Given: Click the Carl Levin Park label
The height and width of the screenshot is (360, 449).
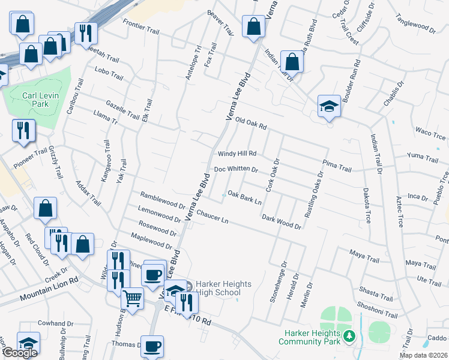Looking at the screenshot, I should [35, 100].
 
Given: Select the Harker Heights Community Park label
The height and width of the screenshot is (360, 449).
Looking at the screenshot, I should [309, 337].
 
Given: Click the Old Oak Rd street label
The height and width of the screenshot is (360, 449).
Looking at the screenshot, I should [250, 123].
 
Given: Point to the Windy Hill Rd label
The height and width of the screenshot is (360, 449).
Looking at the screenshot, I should [237, 154].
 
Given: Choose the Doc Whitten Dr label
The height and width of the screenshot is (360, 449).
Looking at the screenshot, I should [236, 170].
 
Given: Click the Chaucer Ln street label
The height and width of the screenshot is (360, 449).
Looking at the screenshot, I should [212, 217].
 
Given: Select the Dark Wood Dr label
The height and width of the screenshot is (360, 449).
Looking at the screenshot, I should [281, 221].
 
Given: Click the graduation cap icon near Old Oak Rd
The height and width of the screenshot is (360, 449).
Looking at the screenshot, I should [329, 107].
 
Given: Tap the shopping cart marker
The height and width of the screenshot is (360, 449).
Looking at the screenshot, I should [133, 297].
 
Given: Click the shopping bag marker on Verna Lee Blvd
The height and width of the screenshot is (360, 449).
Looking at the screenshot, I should [253, 26].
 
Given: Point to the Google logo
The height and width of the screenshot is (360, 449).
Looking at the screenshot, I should [20, 353].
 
